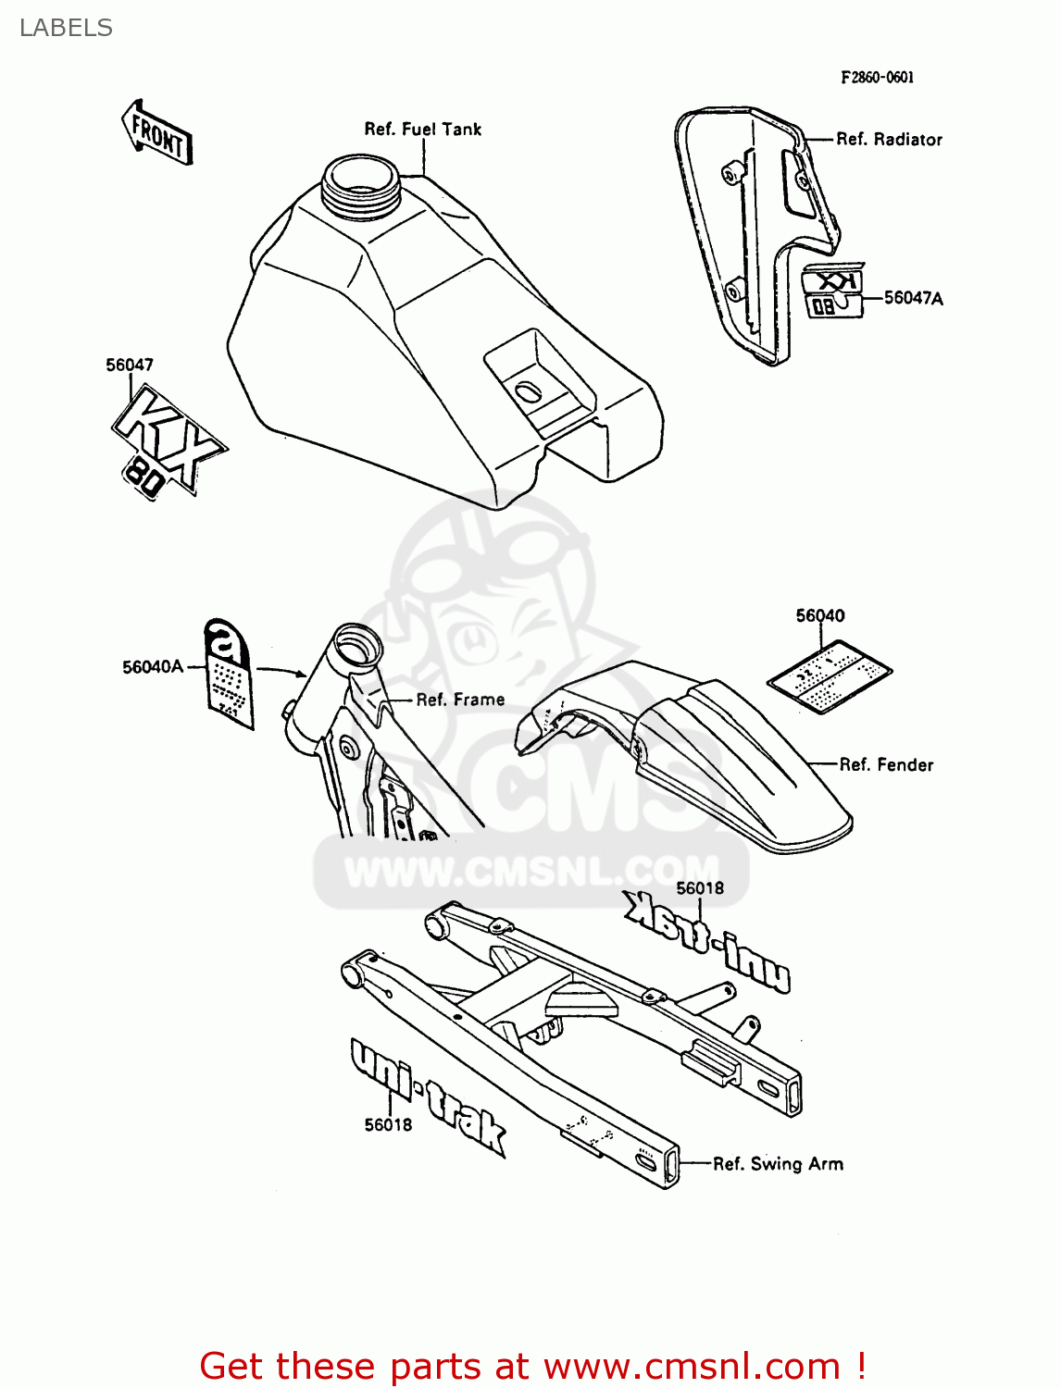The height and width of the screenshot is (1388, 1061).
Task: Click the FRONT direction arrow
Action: click(157, 133)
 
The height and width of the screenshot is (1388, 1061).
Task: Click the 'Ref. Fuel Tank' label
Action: click(422, 129)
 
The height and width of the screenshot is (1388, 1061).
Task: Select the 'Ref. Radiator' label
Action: click(889, 139)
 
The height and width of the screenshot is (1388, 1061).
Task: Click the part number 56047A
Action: click(913, 297)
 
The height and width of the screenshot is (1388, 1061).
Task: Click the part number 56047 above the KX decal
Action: click(130, 365)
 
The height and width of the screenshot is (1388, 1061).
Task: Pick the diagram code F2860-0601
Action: click(877, 78)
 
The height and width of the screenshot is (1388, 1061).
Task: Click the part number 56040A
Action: click(153, 666)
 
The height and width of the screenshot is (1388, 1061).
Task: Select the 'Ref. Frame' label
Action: click(460, 700)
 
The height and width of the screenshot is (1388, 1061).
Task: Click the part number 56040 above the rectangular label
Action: click(820, 615)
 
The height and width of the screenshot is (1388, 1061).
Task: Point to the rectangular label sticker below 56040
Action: click(830, 678)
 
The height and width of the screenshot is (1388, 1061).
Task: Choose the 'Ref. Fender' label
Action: click(886, 764)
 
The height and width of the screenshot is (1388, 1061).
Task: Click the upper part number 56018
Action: click(700, 888)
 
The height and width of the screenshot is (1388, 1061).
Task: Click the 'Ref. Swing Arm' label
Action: click(778, 1163)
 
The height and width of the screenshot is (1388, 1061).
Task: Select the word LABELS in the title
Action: click(66, 28)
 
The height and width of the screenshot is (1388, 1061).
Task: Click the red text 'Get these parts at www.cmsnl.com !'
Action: click(532, 1366)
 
